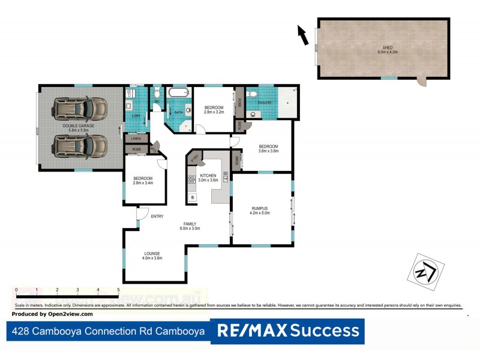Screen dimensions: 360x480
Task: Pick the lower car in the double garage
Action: point(80,145)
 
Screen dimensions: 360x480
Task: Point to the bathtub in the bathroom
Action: point(178,93)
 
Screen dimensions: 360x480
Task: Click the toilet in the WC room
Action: point(157,92)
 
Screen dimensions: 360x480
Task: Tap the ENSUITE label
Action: point(265,103)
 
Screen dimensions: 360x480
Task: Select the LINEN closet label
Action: point(136,139)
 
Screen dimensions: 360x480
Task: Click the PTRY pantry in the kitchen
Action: point(194,157)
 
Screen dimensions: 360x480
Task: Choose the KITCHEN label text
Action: point(208,175)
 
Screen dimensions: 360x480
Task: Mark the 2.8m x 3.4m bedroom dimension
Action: point(143,183)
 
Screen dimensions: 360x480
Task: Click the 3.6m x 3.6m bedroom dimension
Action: point(268,151)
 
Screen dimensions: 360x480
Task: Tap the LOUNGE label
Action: point(152,253)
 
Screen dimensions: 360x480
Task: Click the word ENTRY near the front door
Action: point(157,217)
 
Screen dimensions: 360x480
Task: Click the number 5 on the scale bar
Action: point(118,290)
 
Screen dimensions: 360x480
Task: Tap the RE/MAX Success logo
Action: point(287,331)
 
